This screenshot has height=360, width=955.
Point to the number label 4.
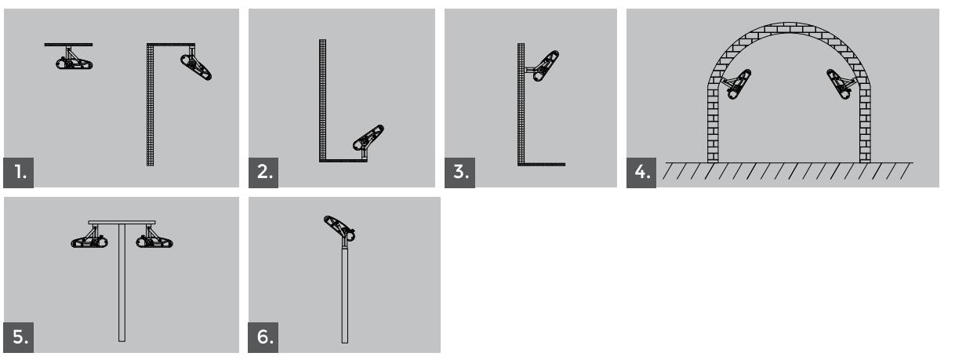pyautogui.click(x=641, y=173)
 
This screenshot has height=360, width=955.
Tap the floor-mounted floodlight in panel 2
pyautogui.click(x=369, y=140)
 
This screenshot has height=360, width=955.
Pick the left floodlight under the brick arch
pyautogui.click(x=737, y=85)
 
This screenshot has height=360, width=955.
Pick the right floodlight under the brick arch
pyautogui.click(x=841, y=85)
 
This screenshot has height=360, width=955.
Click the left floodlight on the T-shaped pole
pyautogui.click(x=89, y=238)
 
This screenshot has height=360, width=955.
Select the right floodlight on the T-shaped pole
pyautogui.click(x=154, y=238)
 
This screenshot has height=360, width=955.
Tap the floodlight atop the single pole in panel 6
pyautogui.click(x=340, y=228)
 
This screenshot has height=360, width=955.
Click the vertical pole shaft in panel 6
pyautogui.click(x=344, y=294)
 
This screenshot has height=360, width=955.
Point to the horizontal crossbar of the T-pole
pyautogui.click(x=122, y=223)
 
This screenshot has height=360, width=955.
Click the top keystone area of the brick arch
pyautogui.click(x=789, y=27)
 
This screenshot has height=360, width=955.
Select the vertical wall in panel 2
pyautogui.click(x=322, y=100)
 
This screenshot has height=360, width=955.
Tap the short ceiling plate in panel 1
pyautogui.click(x=69, y=45)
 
